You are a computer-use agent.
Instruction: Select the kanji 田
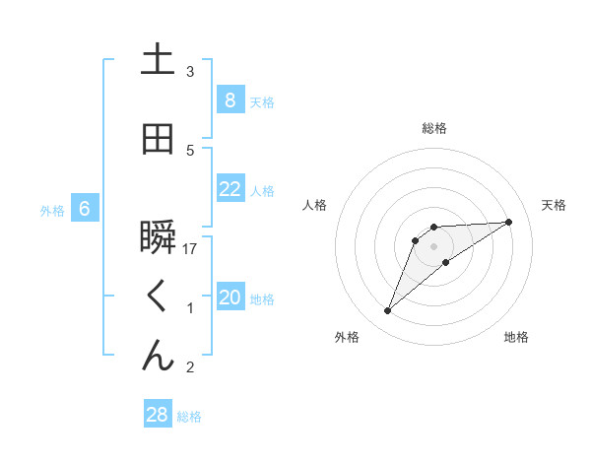(x=158, y=140)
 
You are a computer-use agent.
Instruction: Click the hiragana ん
(x=158, y=357)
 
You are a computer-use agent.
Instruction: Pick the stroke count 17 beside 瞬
(x=190, y=249)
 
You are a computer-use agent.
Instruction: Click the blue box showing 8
(x=230, y=99)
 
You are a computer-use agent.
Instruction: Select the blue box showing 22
(x=230, y=189)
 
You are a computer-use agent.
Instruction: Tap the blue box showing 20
(x=230, y=298)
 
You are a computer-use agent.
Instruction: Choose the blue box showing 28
(x=158, y=415)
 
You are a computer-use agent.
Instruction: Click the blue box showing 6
(x=85, y=209)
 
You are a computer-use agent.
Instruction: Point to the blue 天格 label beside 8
(x=262, y=101)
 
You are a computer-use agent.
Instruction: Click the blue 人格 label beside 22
(x=262, y=190)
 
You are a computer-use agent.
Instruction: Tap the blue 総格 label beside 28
(x=189, y=417)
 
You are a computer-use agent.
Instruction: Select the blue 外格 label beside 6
(x=52, y=210)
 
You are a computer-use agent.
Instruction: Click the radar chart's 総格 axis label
(x=433, y=128)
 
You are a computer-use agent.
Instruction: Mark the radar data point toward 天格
(x=509, y=222)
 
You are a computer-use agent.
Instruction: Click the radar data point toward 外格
(x=388, y=311)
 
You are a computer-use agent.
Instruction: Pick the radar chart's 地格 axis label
(x=516, y=337)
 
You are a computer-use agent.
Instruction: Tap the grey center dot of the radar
(x=433, y=245)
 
